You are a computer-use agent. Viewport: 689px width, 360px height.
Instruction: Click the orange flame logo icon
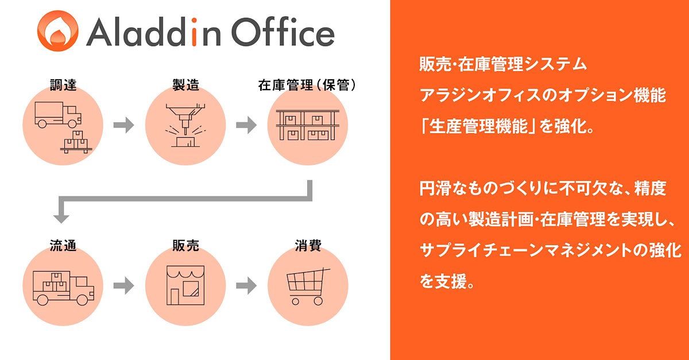click(x=58, y=31)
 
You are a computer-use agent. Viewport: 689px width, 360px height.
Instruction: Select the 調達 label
click(x=63, y=85)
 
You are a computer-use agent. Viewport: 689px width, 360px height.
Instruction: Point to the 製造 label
click(x=185, y=85)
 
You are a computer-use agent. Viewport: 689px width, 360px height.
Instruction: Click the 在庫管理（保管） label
click(x=307, y=85)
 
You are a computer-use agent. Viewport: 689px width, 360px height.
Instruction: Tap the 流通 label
click(x=63, y=246)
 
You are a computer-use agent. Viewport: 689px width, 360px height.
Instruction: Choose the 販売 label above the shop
click(x=185, y=246)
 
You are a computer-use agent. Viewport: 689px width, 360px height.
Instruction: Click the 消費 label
click(x=308, y=246)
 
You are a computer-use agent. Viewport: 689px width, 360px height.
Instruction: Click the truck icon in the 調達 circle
click(x=58, y=115)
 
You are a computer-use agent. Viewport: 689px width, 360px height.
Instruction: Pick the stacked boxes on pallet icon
click(x=76, y=142)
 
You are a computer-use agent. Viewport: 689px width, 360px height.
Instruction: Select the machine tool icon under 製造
click(x=185, y=125)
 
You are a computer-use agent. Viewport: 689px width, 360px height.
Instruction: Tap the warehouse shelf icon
click(x=308, y=125)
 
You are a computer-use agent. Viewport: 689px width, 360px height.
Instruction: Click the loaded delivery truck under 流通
click(x=63, y=288)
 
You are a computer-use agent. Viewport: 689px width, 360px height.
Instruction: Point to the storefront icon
click(x=185, y=285)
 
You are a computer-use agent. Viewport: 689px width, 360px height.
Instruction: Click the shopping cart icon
click(x=308, y=287)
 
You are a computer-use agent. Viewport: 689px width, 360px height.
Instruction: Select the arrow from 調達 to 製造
click(x=123, y=125)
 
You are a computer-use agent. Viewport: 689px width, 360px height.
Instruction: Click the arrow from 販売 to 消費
click(x=246, y=285)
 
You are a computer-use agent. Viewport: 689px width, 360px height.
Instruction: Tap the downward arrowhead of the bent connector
click(x=61, y=217)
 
